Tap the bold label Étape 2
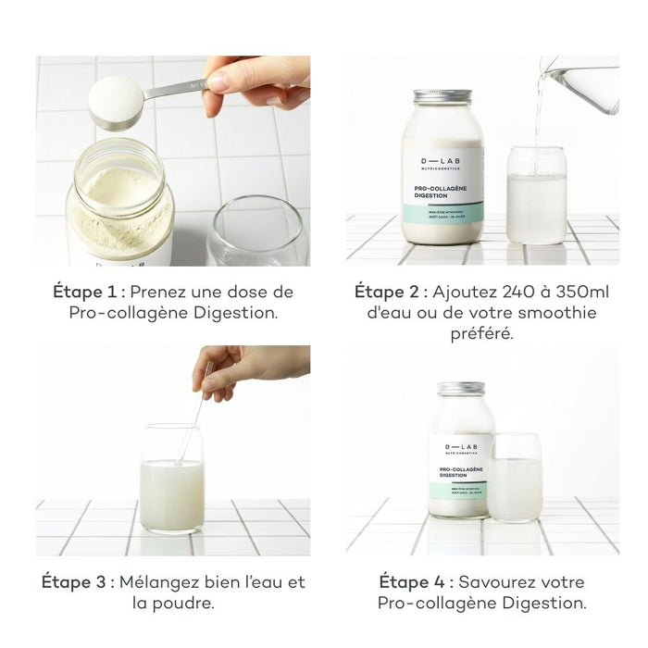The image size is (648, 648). point(390,292)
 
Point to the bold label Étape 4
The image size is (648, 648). point(414,582)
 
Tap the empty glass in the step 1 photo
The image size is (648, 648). point(256,231)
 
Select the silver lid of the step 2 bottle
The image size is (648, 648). point(442,97)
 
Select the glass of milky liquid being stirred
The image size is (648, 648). point(172,481)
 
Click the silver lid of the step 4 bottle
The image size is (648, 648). point(460,388)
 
